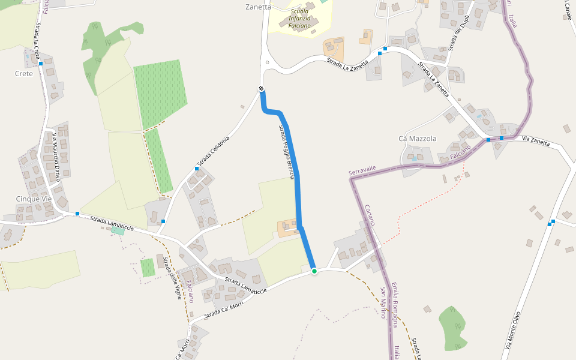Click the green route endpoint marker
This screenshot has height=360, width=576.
(314, 271)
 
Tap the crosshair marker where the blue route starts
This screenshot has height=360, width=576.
(262, 89)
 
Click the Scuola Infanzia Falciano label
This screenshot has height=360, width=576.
(299, 19)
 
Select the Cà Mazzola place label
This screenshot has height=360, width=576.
(417, 139)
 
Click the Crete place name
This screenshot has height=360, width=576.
(24, 73)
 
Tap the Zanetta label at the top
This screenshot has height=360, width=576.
(259, 7)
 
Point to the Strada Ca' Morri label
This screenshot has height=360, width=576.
(223, 305)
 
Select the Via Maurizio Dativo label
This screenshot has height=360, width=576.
(56, 157)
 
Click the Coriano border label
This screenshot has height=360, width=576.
(371, 214)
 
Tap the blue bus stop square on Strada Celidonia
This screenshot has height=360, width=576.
(197, 169)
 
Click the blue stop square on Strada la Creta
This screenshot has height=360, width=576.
(40, 63)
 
